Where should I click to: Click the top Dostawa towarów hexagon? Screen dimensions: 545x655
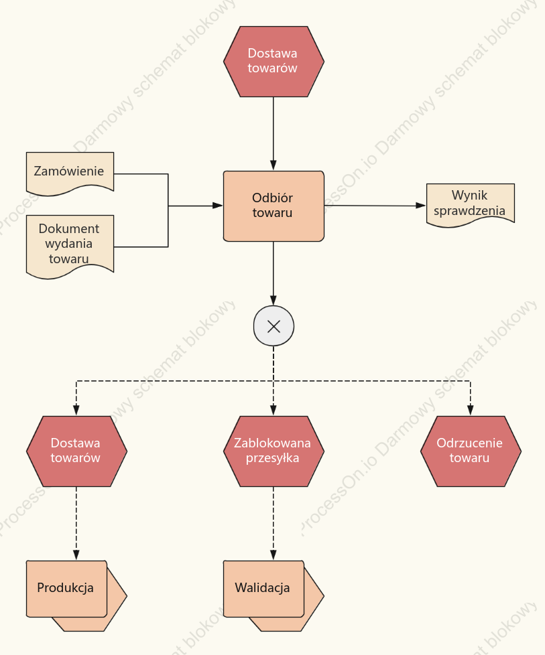click(274, 62)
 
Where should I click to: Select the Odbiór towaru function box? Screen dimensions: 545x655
click(274, 206)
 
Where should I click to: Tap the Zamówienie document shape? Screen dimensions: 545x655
click(70, 173)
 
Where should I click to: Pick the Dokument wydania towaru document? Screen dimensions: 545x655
click(70, 246)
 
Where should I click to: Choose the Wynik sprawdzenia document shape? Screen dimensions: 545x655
click(471, 204)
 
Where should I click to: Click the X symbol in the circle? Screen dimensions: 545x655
click(274, 326)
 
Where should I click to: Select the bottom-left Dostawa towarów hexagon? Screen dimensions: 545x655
click(76, 451)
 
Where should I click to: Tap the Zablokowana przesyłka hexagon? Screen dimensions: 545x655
click(274, 451)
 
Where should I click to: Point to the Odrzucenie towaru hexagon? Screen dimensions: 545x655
click(471, 451)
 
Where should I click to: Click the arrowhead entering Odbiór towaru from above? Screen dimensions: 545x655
click(274, 165)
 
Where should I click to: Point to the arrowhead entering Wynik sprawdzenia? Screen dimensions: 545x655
click(421, 206)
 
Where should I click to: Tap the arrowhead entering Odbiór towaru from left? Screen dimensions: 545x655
click(217, 206)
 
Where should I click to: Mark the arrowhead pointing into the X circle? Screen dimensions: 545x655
click(274, 300)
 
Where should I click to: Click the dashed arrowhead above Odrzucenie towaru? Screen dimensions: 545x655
click(471, 410)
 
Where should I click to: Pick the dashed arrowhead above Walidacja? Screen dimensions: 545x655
click(274, 555)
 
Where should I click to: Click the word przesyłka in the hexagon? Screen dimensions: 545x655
click(272, 459)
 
